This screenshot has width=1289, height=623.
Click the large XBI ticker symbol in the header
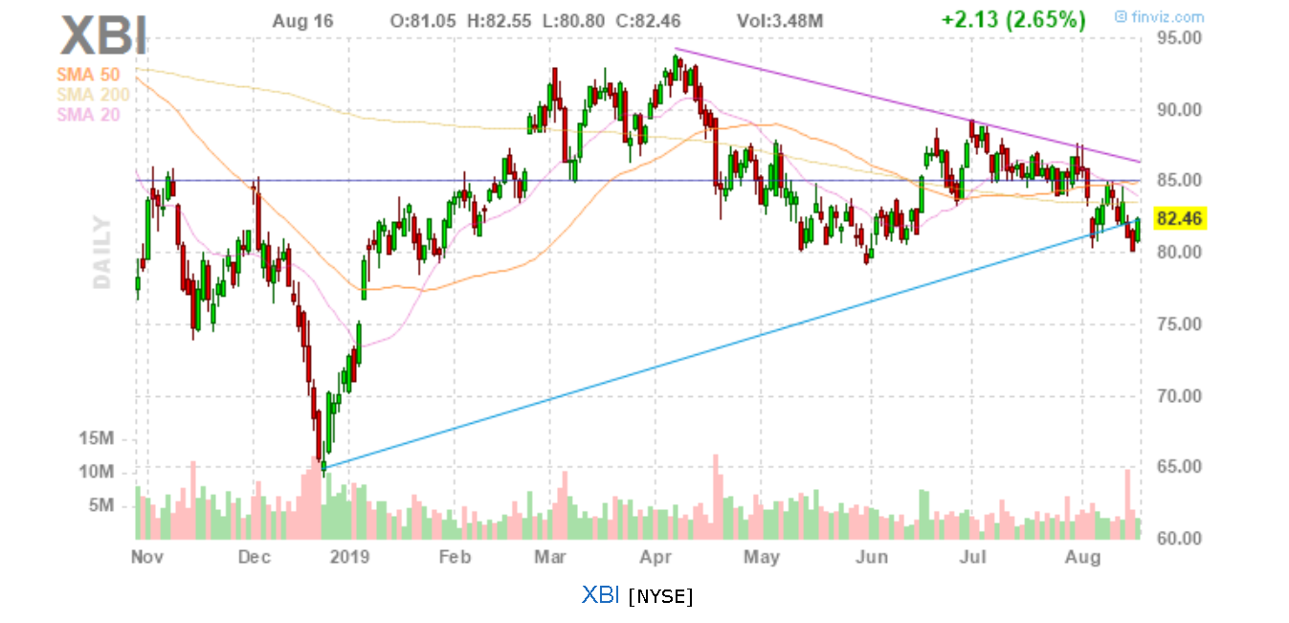[x=103, y=36]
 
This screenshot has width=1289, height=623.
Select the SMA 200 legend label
[x=94, y=94]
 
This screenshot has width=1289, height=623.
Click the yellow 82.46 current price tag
[x=1179, y=219]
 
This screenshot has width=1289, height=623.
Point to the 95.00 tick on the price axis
[x=1178, y=38]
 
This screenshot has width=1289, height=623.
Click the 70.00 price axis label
[x=1178, y=395]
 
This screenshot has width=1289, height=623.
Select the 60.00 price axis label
[x=1178, y=539]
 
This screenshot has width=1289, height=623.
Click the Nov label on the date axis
[x=144, y=557]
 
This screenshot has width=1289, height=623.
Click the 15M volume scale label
[x=97, y=438]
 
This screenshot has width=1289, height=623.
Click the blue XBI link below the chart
[x=601, y=594]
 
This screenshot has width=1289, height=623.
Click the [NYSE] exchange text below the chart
[x=660, y=596]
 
